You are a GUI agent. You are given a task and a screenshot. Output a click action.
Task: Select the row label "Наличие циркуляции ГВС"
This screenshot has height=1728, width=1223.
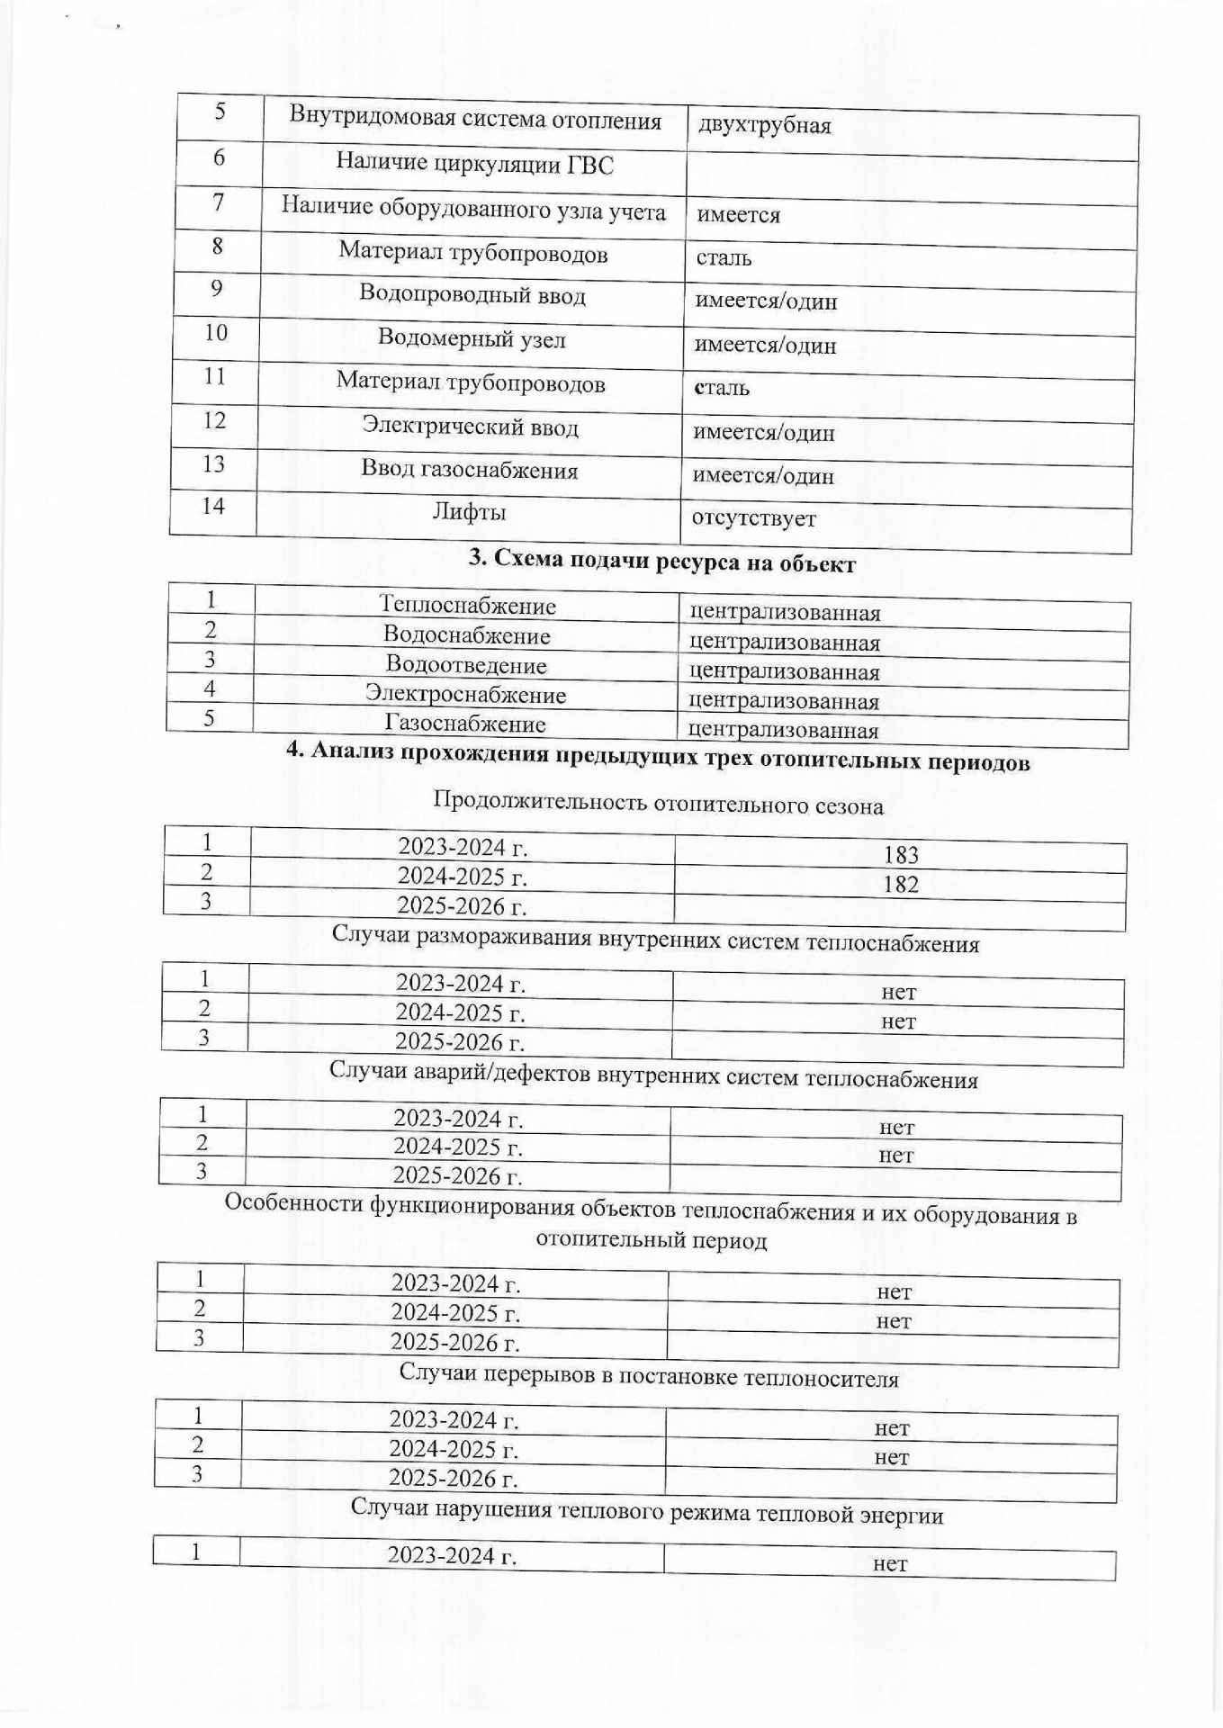tap(474, 164)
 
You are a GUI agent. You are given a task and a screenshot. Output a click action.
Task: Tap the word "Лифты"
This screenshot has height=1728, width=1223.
tap(469, 513)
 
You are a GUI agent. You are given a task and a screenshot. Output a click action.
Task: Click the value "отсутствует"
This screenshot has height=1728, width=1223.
tap(753, 519)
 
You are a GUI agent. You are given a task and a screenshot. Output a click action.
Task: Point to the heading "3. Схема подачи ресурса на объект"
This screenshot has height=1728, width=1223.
tap(661, 563)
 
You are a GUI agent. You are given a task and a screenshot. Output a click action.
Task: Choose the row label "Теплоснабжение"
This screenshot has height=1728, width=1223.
tap(467, 606)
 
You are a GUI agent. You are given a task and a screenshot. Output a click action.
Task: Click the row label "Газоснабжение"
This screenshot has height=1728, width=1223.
tap(465, 724)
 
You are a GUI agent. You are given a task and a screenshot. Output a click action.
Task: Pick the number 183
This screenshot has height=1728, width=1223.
tap(901, 855)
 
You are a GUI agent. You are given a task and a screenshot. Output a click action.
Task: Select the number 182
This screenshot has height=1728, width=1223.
tap(900, 885)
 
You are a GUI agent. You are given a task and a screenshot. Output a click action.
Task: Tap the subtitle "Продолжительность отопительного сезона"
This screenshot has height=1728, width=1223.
tap(658, 805)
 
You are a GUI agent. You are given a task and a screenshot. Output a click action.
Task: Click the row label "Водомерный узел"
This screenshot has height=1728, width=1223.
tap(472, 339)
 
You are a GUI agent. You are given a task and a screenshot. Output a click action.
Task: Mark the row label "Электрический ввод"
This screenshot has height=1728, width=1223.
tap(470, 426)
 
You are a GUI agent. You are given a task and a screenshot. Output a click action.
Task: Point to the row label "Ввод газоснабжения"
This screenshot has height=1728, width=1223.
tap(469, 470)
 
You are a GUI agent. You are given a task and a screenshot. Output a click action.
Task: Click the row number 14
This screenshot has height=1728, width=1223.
tap(212, 506)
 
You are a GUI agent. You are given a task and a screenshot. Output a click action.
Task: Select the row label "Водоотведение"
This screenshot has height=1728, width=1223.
tap(466, 665)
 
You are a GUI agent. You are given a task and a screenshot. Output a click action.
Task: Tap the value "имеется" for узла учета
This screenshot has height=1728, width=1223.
tap(738, 215)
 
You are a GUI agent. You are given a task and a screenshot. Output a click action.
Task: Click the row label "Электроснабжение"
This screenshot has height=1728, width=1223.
tap(465, 695)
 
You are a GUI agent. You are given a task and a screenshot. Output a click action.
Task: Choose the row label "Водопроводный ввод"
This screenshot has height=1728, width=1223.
tap(472, 295)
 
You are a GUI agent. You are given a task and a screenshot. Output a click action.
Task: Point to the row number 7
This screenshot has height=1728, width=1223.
tap(219, 202)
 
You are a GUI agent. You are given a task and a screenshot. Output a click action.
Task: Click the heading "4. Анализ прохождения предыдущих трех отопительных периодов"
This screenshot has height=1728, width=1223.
tap(658, 760)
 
